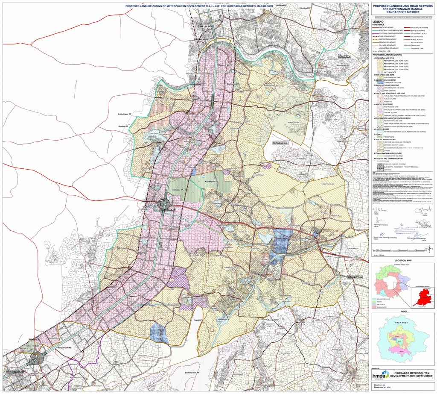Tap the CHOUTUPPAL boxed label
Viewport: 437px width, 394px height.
[x=354, y=277]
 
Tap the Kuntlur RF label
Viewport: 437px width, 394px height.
[x=123, y=126]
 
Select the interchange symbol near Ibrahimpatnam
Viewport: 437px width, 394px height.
[x=40, y=358]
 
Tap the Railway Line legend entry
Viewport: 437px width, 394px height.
[x=384, y=51]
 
